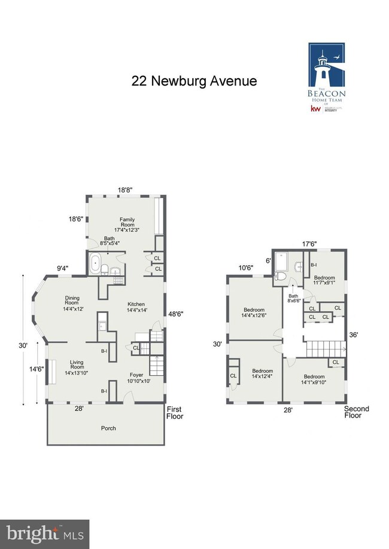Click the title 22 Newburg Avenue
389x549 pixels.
pyautogui.click(x=194, y=81)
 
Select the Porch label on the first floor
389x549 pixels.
pyautogui.click(x=108, y=428)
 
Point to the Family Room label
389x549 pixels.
pyautogui.click(x=126, y=225)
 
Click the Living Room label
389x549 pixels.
pyautogui.click(x=76, y=365)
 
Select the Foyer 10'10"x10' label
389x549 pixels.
pyautogui.click(x=136, y=378)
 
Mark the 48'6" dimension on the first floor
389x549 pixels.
pyautogui.click(x=174, y=313)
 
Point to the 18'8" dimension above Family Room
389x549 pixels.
pyautogui.click(x=124, y=190)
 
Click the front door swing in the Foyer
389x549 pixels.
pyautogui.click(x=127, y=395)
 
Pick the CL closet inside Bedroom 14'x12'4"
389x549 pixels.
pyautogui.click(x=233, y=376)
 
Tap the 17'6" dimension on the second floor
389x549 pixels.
pyautogui.click(x=308, y=244)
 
